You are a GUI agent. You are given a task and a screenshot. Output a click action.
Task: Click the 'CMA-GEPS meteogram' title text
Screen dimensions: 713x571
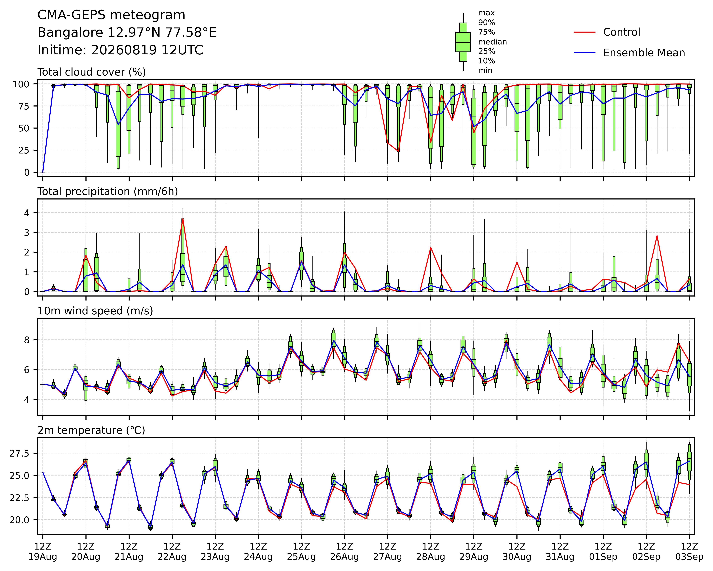[111, 15]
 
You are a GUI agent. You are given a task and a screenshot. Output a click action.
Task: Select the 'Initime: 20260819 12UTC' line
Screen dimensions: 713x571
[120, 50]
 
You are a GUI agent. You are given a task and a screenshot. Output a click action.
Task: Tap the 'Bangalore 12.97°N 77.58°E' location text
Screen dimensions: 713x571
[127, 33]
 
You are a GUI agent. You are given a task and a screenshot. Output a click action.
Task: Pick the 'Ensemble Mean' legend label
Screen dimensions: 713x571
[644, 53]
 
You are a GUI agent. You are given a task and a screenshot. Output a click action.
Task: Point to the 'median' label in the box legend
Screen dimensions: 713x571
[492, 42]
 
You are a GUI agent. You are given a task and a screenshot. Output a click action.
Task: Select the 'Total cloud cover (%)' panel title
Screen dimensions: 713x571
[92, 72]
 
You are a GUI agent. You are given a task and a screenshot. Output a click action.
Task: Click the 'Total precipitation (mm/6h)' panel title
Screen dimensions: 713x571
[108, 192]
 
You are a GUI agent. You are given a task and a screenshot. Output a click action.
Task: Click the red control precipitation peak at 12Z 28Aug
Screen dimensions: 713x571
[431, 248]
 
